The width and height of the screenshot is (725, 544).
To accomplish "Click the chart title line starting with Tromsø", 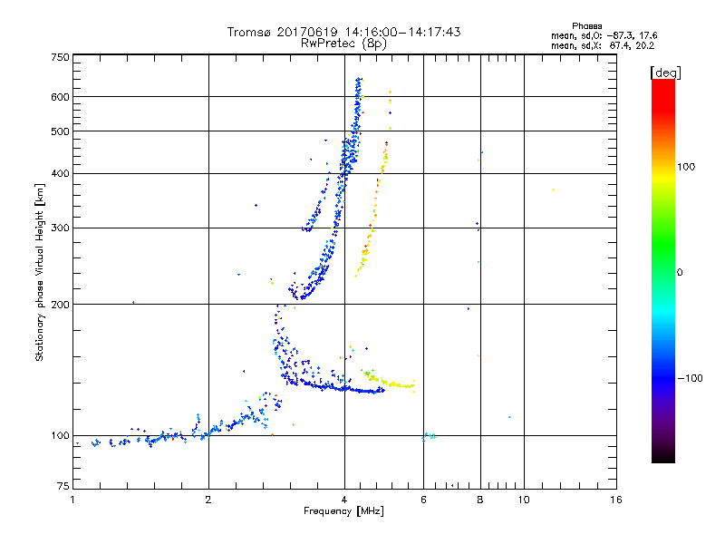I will pyautogui.click(x=343, y=32).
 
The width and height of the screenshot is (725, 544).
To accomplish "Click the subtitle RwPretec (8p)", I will pyautogui.click(x=343, y=43).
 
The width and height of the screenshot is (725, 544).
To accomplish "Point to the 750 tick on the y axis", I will pyautogui.click(x=60, y=57).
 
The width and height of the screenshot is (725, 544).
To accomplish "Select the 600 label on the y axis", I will pyautogui.click(x=60, y=97).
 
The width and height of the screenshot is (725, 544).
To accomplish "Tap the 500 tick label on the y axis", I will pyautogui.click(x=60, y=131).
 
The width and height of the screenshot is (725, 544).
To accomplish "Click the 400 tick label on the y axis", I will pyautogui.click(x=60, y=174).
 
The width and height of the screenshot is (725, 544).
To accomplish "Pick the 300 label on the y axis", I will pyautogui.click(x=60, y=228).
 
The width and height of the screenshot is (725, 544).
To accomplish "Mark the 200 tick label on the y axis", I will pyautogui.click(x=60, y=305).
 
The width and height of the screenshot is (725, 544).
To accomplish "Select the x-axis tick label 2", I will pyautogui.click(x=208, y=500).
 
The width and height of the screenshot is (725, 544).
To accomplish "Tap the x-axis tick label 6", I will pyautogui.click(x=423, y=500).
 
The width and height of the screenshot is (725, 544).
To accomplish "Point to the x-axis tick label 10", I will pyautogui.click(x=523, y=500).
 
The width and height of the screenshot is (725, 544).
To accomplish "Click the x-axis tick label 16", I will pyautogui.click(x=615, y=500).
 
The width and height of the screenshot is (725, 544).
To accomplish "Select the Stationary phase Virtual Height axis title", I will pyautogui.click(x=40, y=272).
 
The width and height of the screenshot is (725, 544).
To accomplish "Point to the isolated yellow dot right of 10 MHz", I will pyautogui.click(x=553, y=189).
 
